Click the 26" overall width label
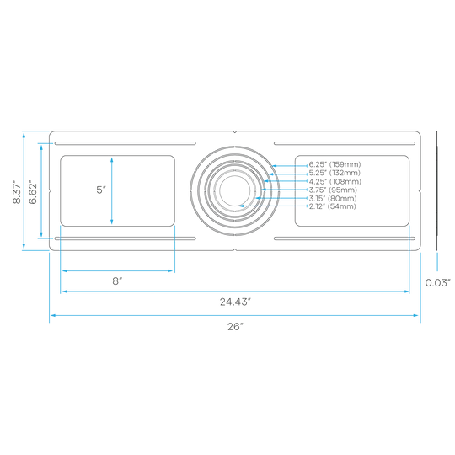click(235, 326)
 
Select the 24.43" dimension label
click(235, 302)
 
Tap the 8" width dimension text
click(117, 281)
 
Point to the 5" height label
click(101, 190)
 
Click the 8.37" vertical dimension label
click(17, 193)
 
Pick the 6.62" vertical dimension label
click(33, 193)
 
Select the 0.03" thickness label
click(438, 282)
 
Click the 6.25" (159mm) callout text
click(335, 164)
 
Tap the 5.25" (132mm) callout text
click(335, 173)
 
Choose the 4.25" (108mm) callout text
click(335, 181)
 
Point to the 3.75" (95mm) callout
click(333, 190)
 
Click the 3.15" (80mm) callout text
click(333, 198)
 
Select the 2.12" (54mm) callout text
click(332, 206)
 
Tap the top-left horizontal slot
click(126, 143)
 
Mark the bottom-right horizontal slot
click(345, 238)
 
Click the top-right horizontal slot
click(345, 143)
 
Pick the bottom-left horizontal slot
click(126, 238)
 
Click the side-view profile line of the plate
click(436, 190)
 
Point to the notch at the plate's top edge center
click(235, 132)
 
